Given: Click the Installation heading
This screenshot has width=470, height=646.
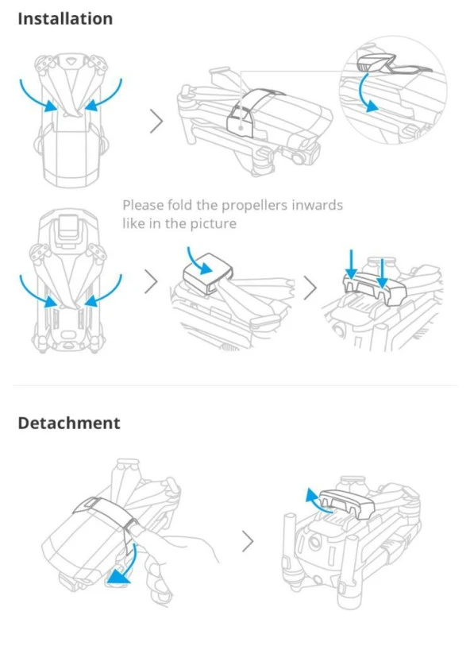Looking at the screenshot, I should point(65,18).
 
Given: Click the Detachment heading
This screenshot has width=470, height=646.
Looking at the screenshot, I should point(69,423).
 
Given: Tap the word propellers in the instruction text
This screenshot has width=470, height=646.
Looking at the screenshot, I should point(257,205).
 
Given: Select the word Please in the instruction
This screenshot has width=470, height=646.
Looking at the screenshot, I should point(144,205).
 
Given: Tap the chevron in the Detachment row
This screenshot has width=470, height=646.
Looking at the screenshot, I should point(248,542).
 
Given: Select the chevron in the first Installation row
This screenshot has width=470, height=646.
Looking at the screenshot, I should point(156,121).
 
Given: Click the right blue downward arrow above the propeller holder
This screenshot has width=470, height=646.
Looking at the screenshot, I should point(382,269).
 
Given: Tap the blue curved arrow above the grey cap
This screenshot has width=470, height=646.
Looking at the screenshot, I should point(192,257).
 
